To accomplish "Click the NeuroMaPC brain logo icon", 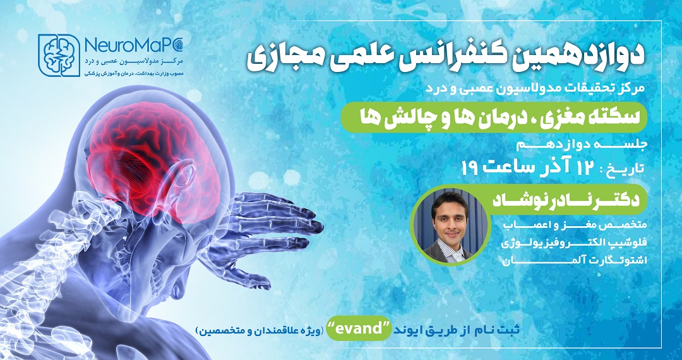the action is click(59, 55).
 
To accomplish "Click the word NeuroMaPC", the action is click(134, 45).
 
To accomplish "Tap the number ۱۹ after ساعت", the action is click(470, 167).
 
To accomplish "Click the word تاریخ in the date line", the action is click(624, 168).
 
